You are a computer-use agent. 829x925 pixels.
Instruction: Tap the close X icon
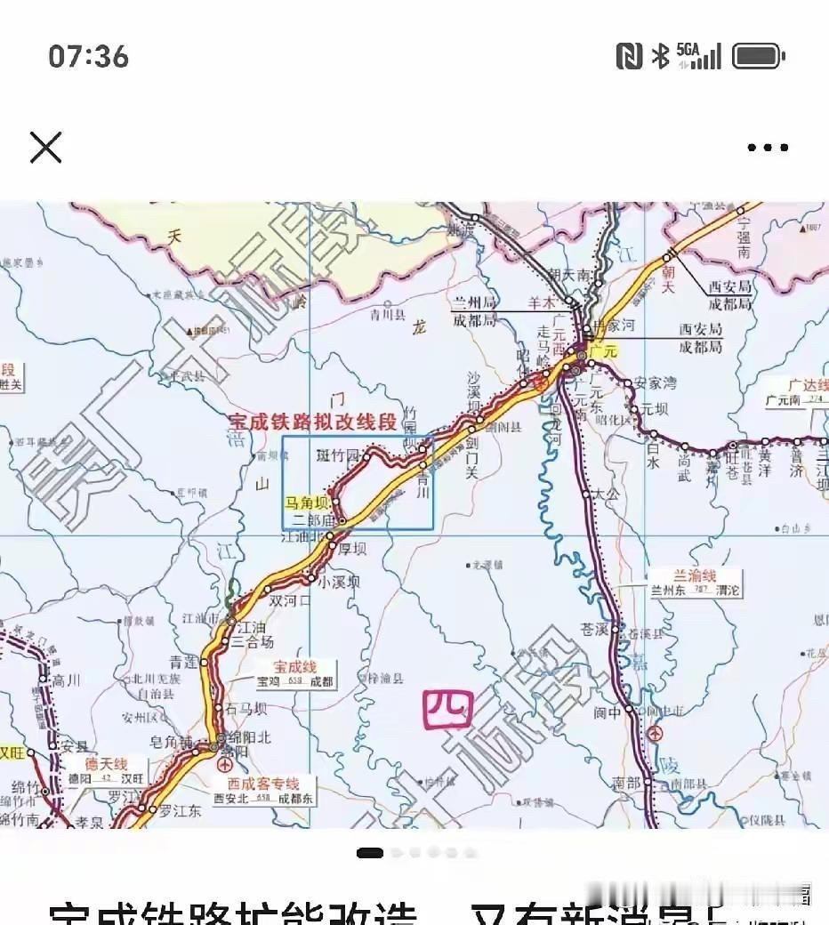click(x=45, y=147)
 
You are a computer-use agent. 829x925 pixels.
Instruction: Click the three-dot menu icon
click(x=768, y=148)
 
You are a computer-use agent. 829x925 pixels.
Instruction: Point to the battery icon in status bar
click(x=758, y=57)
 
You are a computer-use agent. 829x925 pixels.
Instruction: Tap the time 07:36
click(x=89, y=57)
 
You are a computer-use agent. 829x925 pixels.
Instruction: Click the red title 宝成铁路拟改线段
click(x=313, y=422)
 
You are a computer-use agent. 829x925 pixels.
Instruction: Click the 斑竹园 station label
click(x=338, y=456)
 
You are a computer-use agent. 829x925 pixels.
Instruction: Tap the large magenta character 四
click(x=447, y=709)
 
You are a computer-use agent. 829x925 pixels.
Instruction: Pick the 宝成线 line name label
click(x=294, y=666)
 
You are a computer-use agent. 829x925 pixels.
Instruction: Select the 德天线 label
click(x=106, y=764)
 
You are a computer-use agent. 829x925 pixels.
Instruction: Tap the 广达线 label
click(x=808, y=385)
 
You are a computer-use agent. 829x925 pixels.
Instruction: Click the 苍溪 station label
click(x=593, y=629)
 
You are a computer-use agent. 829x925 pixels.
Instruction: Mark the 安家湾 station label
click(x=656, y=383)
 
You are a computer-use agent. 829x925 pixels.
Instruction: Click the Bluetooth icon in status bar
click(x=660, y=57)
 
